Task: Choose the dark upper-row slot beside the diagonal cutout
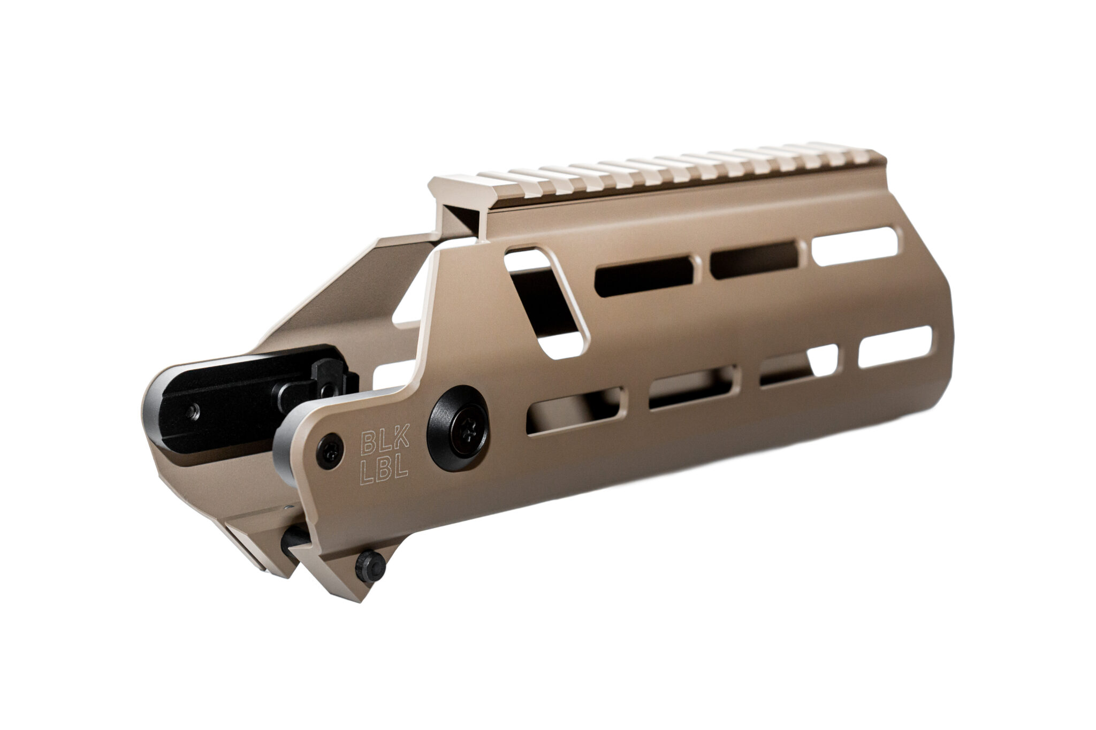point(645,276)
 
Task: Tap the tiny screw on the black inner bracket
point(193,411)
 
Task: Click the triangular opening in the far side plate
point(409,299)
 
